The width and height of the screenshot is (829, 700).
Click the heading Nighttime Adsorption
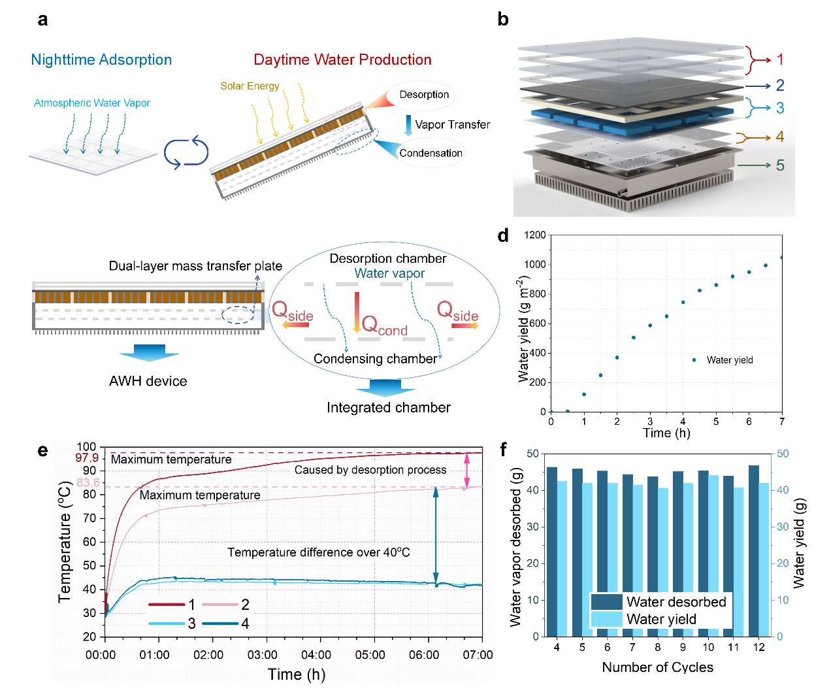[x=101, y=60]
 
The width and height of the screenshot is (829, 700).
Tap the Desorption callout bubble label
[x=424, y=95]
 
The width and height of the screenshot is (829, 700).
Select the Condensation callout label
[x=431, y=153]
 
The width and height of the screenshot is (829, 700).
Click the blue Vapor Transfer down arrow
[x=408, y=125]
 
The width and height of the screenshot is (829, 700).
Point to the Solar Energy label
[x=250, y=86]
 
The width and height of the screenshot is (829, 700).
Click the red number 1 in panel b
[x=780, y=59]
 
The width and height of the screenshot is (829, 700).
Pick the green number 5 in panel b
[x=780, y=165]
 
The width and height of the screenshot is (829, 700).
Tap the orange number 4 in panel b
[x=780, y=137]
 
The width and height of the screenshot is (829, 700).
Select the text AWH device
[x=148, y=381]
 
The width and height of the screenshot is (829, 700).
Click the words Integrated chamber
[x=389, y=408]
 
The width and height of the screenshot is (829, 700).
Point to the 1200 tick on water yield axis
[x=535, y=235]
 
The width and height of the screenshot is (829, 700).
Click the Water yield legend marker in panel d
[x=694, y=360]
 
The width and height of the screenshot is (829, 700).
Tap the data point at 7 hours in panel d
[x=782, y=258]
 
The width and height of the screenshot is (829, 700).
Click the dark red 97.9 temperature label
[x=87, y=458]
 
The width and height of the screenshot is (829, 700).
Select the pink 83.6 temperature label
[x=88, y=482]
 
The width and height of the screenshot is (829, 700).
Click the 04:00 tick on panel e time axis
[x=316, y=655]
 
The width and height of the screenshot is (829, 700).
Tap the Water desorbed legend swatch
[x=606, y=601]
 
